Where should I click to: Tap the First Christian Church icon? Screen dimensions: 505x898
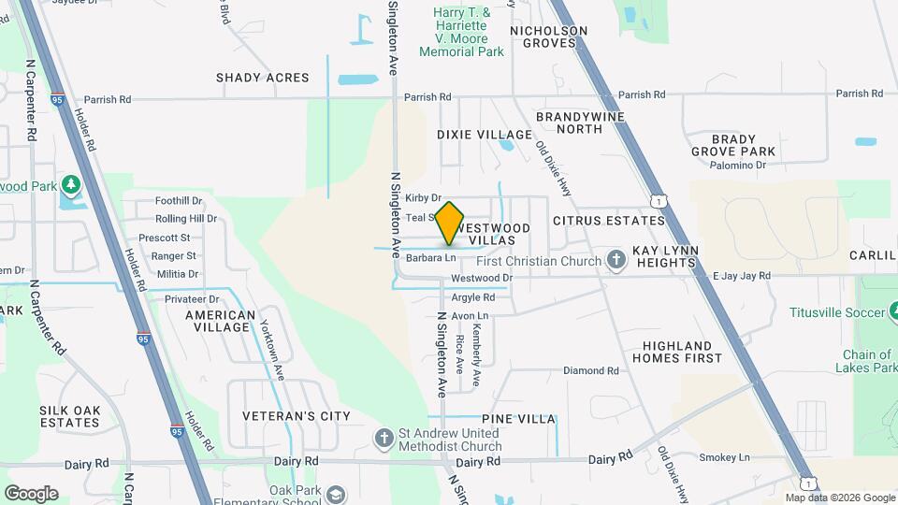[616, 261]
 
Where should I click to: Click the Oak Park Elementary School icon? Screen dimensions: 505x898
[337, 494]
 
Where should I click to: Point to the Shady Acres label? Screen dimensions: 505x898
[262, 78]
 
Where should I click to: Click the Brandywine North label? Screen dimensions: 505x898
[570, 123]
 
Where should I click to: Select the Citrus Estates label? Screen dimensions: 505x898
[608, 222]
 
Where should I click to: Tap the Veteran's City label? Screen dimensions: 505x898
[282, 416]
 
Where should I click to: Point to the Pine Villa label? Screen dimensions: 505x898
[518, 419]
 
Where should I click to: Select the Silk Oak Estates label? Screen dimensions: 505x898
[69, 416]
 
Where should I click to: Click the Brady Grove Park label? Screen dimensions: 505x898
[733, 145]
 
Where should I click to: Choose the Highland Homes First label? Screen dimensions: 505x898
[676, 352]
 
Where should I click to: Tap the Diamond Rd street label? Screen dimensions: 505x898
[590, 371]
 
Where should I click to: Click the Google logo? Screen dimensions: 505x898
[31, 493]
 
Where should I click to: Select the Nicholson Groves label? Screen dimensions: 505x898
[548, 36]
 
